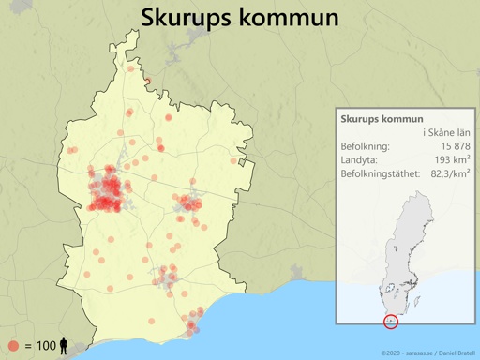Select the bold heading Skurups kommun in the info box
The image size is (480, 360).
tap(382, 119)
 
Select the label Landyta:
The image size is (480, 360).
tap(360, 159)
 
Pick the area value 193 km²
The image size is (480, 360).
tap(452, 159)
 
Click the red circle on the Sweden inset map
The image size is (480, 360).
tap(391, 322)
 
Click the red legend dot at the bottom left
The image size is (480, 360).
tap(13, 346)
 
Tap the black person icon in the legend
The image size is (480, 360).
tap(64, 346)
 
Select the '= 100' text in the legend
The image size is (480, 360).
tap(40, 346)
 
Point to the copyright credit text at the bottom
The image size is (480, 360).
tap(427, 352)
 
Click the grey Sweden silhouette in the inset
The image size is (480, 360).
tap(405, 234)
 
